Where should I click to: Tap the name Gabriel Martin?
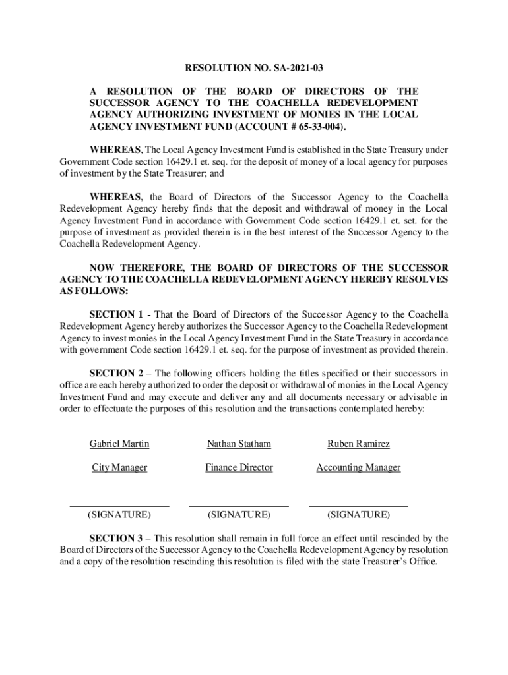[x=119, y=444]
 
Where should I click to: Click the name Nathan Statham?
[x=239, y=444]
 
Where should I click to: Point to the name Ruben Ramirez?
[x=358, y=444]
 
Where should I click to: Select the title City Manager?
[x=119, y=467]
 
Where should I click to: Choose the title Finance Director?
[x=239, y=467]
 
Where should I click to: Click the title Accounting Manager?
[x=358, y=467]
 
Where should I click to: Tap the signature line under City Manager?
[x=119, y=506]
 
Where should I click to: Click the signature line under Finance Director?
[x=239, y=506]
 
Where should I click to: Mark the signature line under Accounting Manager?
[x=358, y=506]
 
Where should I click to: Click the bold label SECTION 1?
[x=116, y=314]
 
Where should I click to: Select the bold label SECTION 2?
[x=116, y=373]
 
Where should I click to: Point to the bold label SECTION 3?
[x=116, y=538]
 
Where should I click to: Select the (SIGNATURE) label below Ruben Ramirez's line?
[x=358, y=514]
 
